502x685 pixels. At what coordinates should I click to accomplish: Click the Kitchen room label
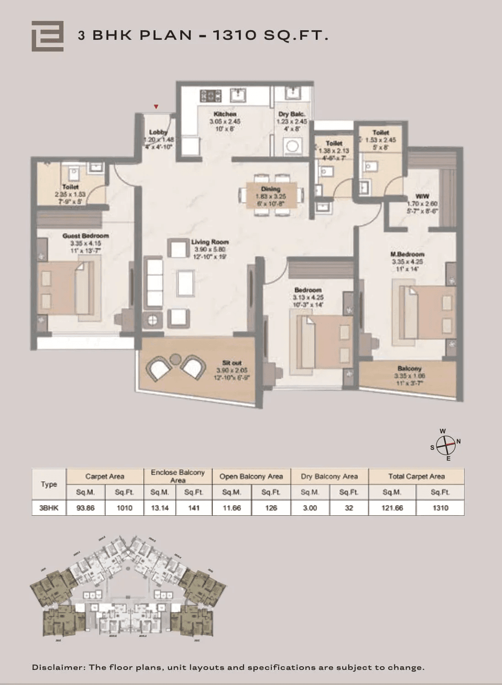coord(225,114)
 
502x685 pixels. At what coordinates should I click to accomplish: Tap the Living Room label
coord(210,242)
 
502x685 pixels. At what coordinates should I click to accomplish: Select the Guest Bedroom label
coord(86,236)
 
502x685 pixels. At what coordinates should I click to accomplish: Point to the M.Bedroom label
coord(407,254)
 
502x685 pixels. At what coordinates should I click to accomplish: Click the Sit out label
coord(232,363)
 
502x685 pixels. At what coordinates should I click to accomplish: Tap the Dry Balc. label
coord(291,114)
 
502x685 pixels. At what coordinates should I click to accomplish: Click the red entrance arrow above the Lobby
coord(156,107)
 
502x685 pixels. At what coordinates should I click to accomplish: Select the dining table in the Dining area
coord(270,195)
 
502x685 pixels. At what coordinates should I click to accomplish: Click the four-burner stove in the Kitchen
coord(211,96)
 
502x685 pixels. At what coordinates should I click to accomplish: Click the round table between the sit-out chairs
coord(175,360)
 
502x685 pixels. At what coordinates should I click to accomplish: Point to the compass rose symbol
coord(445,444)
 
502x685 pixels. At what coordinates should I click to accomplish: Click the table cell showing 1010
coord(124,508)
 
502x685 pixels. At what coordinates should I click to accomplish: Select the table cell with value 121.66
coord(392,508)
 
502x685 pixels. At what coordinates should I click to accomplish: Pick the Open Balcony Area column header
coord(251,476)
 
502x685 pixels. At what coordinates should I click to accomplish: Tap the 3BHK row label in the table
coord(49,508)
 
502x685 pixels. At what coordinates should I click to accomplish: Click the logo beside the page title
coord(47,36)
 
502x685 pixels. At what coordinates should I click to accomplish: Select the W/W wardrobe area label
coord(422,196)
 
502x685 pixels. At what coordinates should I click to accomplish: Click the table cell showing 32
coord(349,508)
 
